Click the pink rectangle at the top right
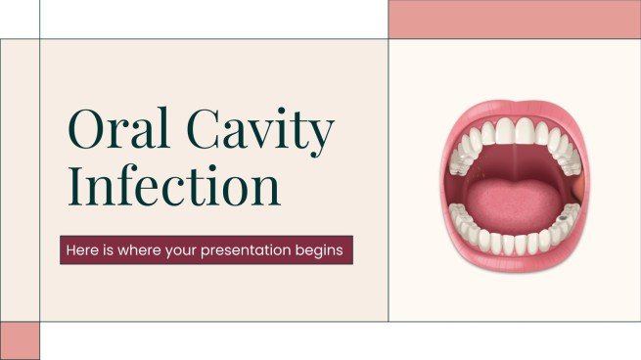pos(514,19)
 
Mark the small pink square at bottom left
pos(20,339)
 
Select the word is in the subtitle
pos(111,250)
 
